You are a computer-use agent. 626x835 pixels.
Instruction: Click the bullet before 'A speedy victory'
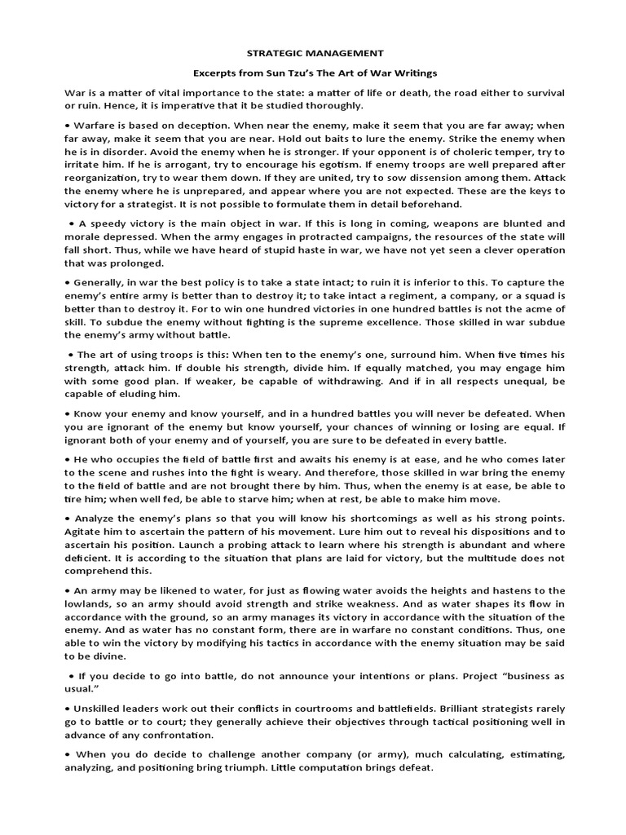tap(72, 223)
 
